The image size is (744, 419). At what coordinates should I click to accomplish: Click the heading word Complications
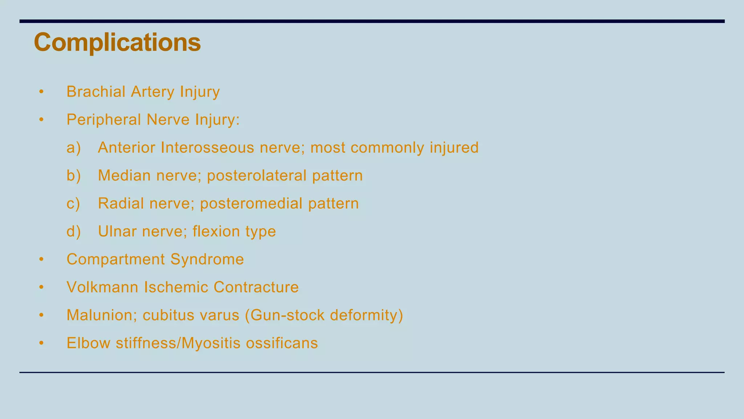(117, 43)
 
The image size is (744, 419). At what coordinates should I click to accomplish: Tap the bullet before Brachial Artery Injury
(41, 92)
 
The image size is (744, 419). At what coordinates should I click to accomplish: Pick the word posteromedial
(251, 204)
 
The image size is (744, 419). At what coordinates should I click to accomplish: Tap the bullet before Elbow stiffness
(41, 343)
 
